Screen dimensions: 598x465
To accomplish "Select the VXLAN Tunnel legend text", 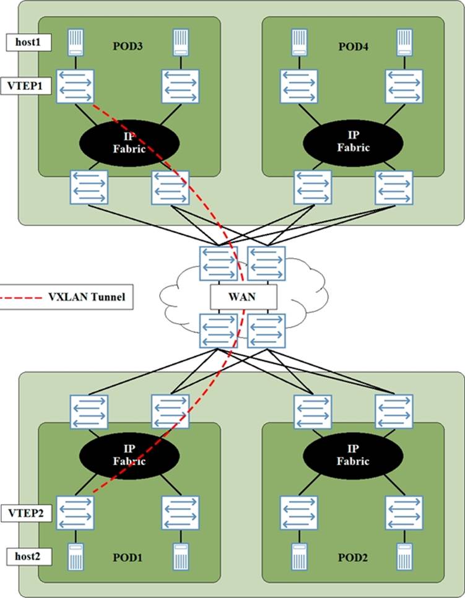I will click(x=87, y=297).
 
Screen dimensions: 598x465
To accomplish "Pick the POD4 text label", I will click(x=354, y=46).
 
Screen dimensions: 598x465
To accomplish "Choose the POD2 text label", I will click(x=354, y=557).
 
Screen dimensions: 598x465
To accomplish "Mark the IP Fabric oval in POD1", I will click(x=129, y=455).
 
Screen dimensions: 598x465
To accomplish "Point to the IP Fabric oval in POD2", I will click(x=353, y=455).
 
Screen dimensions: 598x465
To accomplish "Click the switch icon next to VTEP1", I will click(x=76, y=86).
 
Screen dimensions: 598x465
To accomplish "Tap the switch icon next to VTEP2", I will click(x=76, y=513).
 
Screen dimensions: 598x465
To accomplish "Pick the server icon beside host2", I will click(x=76, y=555).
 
